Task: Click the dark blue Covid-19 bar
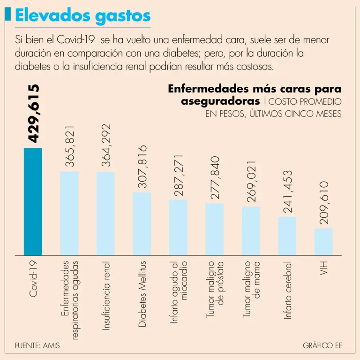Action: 33,201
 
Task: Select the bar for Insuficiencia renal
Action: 105,213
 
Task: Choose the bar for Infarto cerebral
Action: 287,236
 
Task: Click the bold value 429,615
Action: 33,113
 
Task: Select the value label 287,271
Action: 178,175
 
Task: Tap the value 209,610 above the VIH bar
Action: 323,203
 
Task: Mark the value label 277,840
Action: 215,178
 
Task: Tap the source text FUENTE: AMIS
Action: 37,346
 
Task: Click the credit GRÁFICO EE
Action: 322,346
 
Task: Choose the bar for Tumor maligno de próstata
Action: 215,229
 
